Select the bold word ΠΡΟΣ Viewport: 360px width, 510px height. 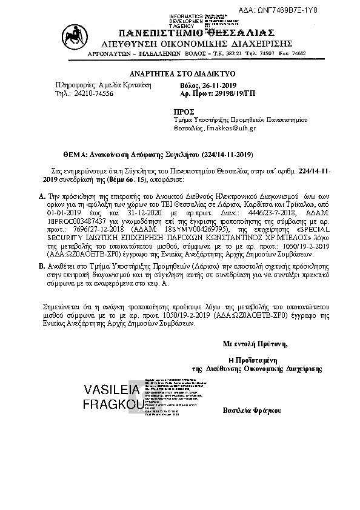183,112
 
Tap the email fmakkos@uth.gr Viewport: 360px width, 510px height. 232,128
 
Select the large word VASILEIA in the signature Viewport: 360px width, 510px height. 111,389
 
